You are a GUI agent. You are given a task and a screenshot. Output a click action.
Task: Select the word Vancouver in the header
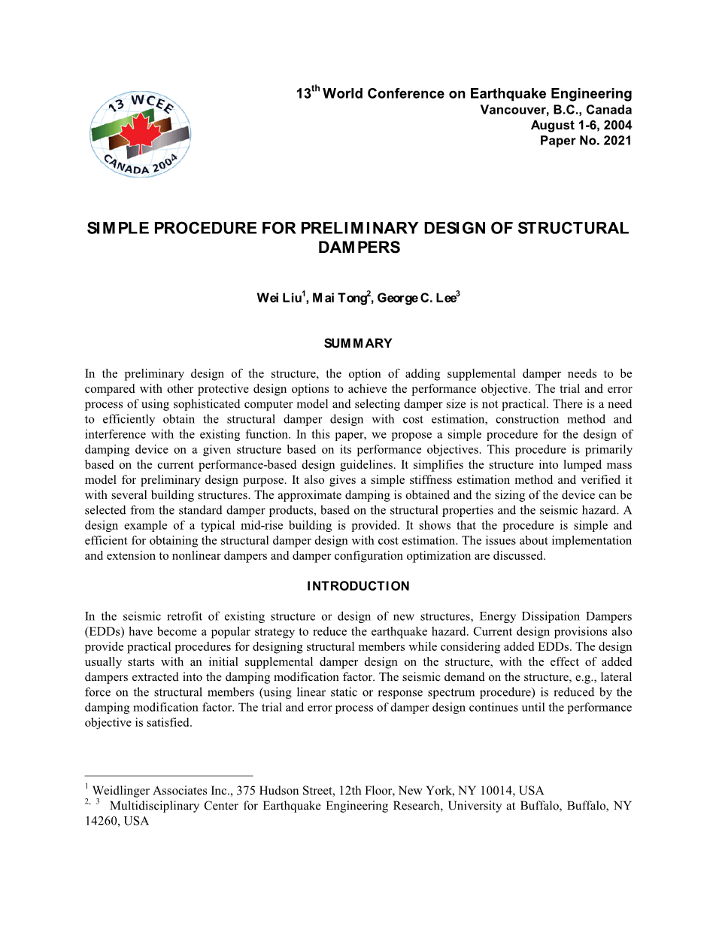click(x=512, y=110)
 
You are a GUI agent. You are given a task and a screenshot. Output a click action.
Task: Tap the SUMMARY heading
click(x=358, y=344)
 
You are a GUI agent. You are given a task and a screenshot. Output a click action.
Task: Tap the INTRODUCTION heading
click(x=358, y=586)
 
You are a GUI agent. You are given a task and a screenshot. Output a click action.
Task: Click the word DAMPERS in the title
click(x=359, y=247)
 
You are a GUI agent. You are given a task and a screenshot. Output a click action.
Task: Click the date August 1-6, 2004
click(x=581, y=125)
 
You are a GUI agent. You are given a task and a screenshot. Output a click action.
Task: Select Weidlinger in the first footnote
click(x=122, y=791)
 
